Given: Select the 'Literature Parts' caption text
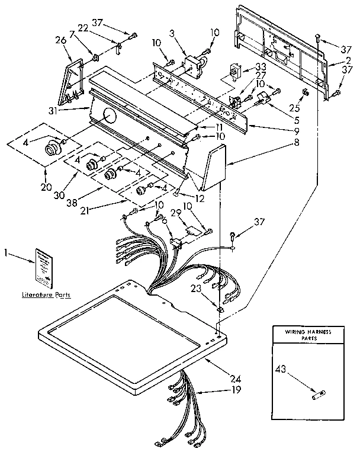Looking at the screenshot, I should point(45,294).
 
